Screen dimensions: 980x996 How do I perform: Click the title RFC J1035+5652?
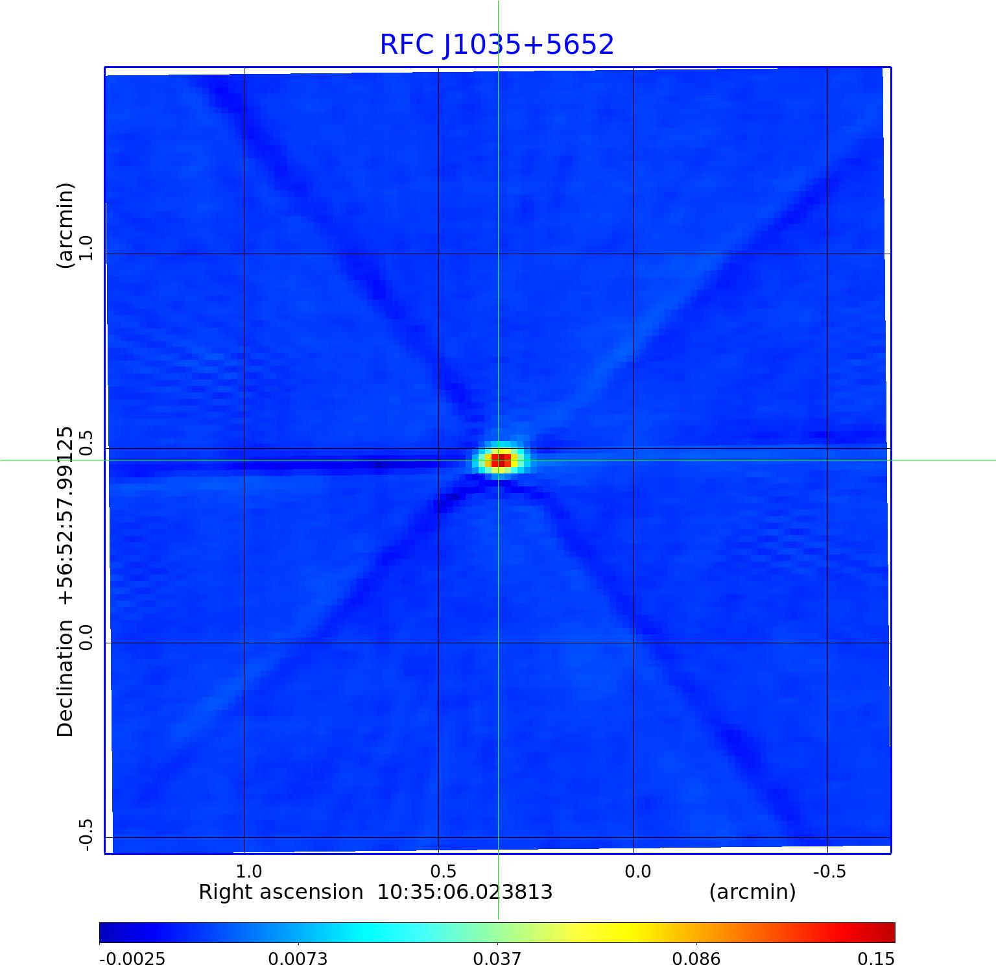(497, 45)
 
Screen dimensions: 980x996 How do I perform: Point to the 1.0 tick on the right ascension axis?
(248, 872)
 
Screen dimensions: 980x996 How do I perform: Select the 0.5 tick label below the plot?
(443, 872)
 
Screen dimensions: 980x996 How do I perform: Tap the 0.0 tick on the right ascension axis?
(637, 872)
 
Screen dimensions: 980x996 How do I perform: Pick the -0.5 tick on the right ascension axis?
(829, 872)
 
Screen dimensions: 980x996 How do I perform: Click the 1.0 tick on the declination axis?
(86, 248)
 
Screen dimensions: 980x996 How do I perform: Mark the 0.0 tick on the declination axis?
(86, 637)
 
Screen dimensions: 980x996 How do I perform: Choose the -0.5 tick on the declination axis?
(86, 835)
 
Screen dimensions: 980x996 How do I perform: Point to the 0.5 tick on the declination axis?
(86, 442)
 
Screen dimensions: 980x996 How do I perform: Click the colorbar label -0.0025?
(132, 959)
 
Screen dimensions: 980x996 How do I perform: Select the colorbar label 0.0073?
(298, 959)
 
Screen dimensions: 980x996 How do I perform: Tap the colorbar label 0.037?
(497, 959)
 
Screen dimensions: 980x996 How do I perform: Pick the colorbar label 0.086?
(696, 959)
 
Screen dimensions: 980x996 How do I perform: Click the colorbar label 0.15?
(876, 959)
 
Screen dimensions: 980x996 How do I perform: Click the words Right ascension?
(280, 892)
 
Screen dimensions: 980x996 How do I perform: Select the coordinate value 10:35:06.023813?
(465, 892)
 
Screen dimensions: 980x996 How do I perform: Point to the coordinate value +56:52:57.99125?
(65, 516)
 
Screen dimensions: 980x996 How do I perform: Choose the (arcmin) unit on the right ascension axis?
(752, 892)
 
